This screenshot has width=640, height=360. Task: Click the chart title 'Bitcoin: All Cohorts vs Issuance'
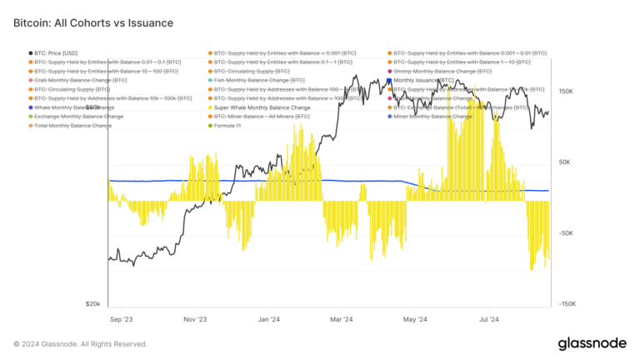pyautogui.click(x=93, y=23)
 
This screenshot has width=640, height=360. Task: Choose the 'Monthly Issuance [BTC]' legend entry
pyautogui.click(x=422, y=81)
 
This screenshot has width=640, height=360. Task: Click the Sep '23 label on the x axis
pyautogui.click(x=121, y=318)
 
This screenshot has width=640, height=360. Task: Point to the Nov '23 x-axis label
pyautogui.click(x=196, y=318)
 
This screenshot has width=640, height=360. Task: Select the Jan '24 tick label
pyautogui.click(x=269, y=318)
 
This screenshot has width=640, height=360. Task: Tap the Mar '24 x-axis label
pyautogui.click(x=342, y=318)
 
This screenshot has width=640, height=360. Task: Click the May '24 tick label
pyautogui.click(x=415, y=318)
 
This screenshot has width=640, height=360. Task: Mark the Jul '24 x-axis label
pyautogui.click(x=489, y=318)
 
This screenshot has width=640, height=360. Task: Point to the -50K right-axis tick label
pyautogui.click(x=567, y=234)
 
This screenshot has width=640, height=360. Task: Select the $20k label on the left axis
pyautogui.click(x=93, y=305)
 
